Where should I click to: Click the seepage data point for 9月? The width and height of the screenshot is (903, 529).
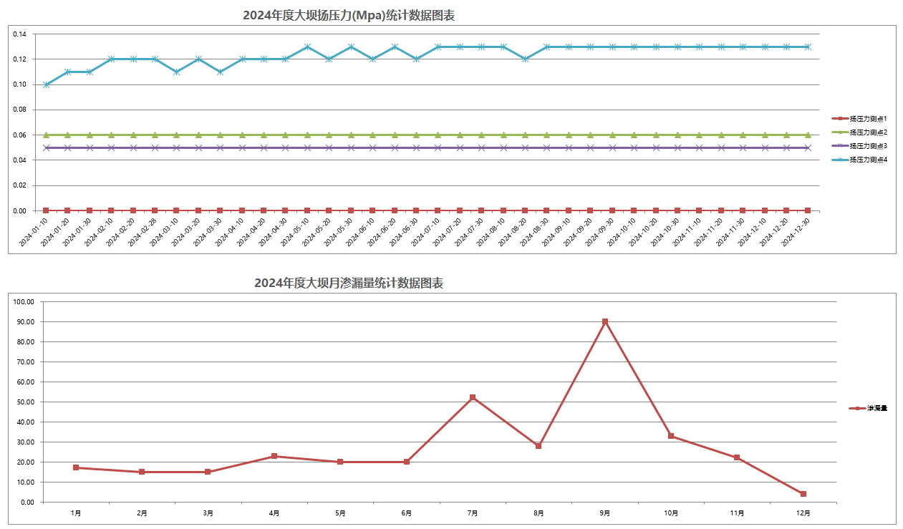[605, 322]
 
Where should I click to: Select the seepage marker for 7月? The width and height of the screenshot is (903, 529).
[473, 397]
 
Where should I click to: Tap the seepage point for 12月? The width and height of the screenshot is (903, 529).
[803, 494]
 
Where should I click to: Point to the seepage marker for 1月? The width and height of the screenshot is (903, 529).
[76, 467]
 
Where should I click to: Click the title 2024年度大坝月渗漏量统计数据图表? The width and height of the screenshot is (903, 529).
[349, 283]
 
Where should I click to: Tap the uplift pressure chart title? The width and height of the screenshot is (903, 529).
[349, 15]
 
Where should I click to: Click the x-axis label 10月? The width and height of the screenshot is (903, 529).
[671, 513]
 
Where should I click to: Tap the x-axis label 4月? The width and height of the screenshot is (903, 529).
[274, 513]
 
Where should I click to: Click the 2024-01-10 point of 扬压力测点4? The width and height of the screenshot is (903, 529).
[46, 84]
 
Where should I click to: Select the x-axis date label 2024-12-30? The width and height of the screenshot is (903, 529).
[796, 232]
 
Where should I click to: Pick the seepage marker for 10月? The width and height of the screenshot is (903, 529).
[671, 436]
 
